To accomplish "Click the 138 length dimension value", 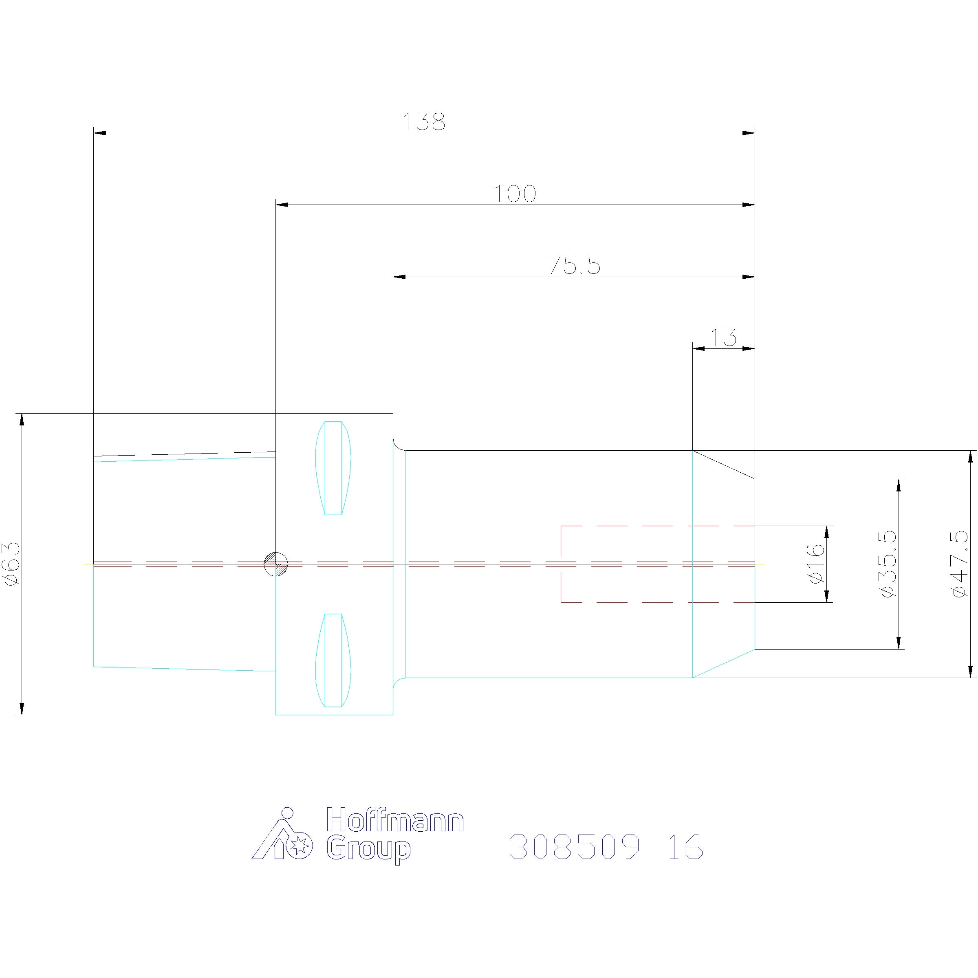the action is tap(424, 121).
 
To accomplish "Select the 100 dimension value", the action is tap(515, 194).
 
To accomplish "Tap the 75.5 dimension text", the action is tap(574, 266).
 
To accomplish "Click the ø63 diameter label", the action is tap(13, 564).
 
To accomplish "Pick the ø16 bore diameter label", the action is tap(817, 564).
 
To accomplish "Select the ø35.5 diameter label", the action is tap(889, 564).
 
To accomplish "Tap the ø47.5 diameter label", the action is tap(960, 564).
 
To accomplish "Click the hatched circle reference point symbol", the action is tap(276, 564).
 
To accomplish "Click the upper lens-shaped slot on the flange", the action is tap(333, 468).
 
